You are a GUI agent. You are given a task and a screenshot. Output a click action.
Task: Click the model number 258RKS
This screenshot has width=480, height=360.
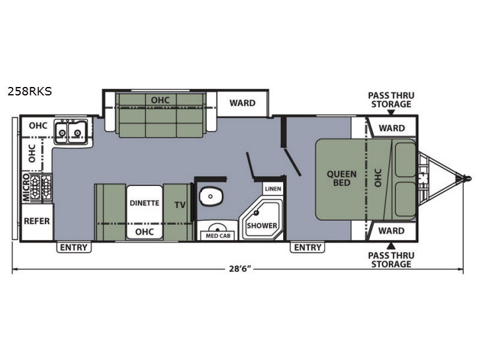click(x=29, y=92)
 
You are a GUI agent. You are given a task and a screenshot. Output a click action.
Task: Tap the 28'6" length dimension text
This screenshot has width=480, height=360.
click(x=240, y=269)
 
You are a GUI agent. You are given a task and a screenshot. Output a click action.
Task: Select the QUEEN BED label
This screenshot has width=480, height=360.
click(x=341, y=178)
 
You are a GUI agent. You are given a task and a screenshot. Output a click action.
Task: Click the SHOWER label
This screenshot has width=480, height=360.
click(x=262, y=226)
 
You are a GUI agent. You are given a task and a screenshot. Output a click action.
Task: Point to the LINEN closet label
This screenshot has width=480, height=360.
click(x=273, y=189)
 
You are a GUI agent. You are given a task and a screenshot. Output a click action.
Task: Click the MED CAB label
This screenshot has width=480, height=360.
click(x=218, y=236)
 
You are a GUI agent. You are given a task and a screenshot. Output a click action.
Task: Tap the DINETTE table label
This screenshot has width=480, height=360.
click(x=145, y=203)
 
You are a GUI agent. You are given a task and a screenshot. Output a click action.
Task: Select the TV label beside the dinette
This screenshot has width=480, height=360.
click(x=181, y=205)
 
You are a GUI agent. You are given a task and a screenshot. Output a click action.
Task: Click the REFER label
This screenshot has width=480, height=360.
click(x=37, y=221)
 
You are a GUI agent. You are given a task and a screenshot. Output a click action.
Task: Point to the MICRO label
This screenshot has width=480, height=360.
click(x=26, y=188)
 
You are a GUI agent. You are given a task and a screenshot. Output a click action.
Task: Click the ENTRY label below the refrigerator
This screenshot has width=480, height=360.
click(x=74, y=247)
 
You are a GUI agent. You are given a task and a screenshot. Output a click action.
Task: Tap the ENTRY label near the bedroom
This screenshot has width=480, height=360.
click(x=308, y=247)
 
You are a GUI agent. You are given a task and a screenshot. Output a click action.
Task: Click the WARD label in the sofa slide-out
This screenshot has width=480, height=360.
click(x=242, y=103)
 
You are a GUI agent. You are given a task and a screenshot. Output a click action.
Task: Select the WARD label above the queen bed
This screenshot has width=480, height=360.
click(x=392, y=128)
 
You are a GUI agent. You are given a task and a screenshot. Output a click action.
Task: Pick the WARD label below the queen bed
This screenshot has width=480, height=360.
click(x=392, y=230)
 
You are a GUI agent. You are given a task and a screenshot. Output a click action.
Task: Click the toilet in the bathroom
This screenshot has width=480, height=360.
click(x=211, y=196)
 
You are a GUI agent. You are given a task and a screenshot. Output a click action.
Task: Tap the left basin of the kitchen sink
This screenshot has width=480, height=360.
click(x=62, y=132)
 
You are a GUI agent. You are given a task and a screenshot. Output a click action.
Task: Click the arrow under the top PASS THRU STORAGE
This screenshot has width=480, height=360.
click(x=391, y=112)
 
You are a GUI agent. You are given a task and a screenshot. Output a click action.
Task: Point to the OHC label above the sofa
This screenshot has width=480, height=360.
click(x=160, y=100)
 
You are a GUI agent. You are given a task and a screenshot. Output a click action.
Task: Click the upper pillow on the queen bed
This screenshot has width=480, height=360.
click(x=406, y=160)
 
